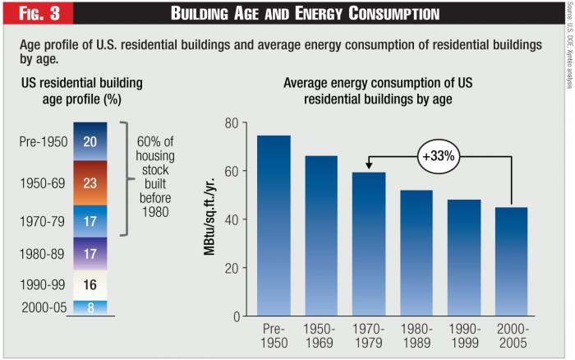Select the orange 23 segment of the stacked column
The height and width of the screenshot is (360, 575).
click(x=90, y=182)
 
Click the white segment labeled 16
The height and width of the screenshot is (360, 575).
click(x=90, y=284)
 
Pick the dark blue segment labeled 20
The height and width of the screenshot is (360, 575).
click(x=90, y=141)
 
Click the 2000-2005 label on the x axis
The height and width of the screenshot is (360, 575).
click(x=512, y=335)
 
